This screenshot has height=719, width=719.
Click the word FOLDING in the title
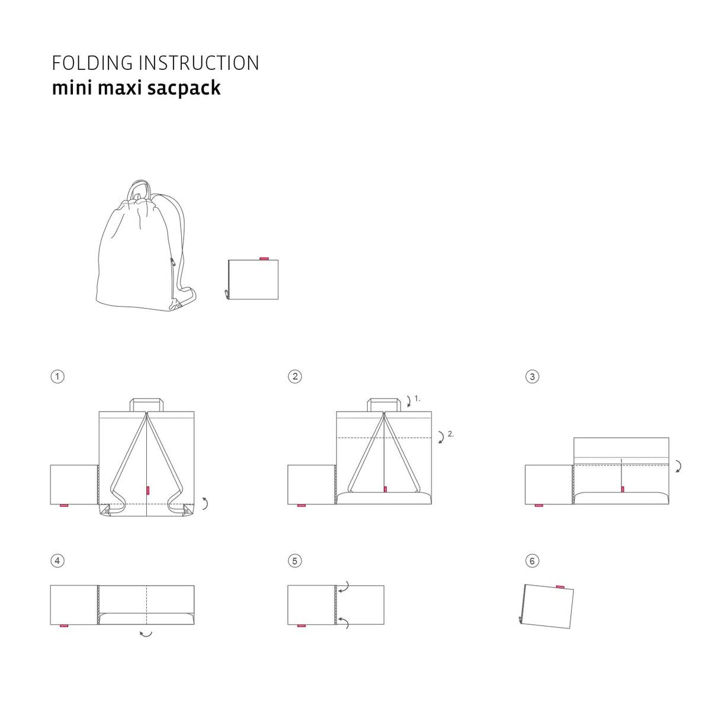92,63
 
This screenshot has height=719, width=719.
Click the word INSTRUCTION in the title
199,63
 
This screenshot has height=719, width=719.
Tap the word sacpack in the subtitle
184,88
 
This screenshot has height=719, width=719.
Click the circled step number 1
57,377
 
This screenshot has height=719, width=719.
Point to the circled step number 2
295,377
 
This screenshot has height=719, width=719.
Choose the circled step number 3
532,377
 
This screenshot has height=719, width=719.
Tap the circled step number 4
57,561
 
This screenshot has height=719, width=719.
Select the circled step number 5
295,561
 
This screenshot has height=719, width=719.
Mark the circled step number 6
532,561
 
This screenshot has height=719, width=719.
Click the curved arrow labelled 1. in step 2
410,402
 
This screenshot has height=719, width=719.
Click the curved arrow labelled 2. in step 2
442,437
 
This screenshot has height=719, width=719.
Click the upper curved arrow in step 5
344,587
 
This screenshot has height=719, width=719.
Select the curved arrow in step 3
680,467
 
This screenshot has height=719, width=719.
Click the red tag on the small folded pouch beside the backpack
264,258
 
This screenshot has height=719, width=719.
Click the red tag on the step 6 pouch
560,588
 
